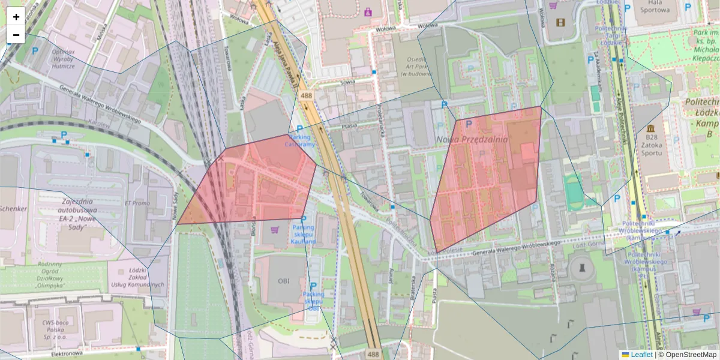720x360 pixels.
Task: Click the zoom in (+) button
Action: (x=16, y=17)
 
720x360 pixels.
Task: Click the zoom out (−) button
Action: (x=16, y=35)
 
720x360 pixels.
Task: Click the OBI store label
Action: (x=283, y=281)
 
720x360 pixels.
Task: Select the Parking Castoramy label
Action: (x=299, y=141)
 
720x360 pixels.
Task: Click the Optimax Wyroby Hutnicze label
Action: (x=59, y=59)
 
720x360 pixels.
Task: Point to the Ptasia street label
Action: (x=348, y=125)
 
